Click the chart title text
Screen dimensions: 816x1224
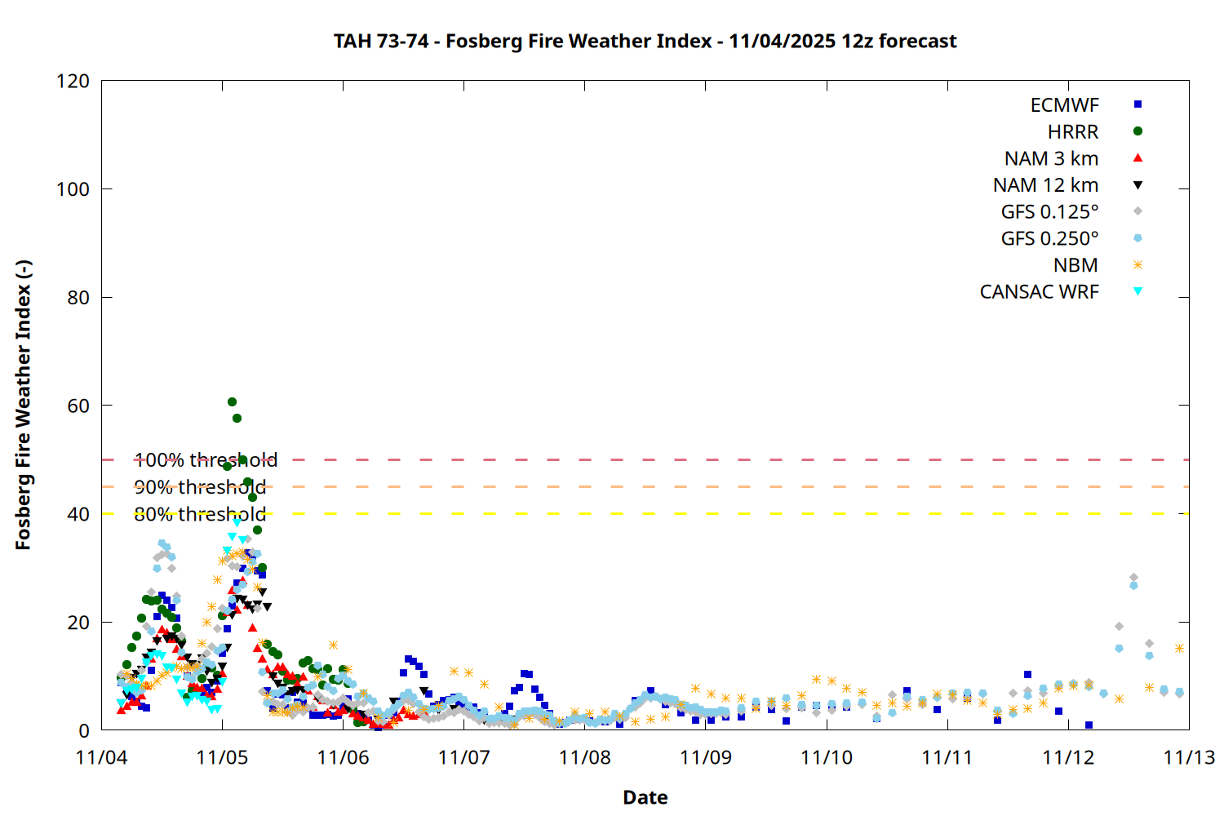click(645, 41)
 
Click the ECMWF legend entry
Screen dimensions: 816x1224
click(1064, 105)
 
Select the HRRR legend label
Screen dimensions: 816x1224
click(1073, 132)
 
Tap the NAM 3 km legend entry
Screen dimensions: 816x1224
click(1051, 158)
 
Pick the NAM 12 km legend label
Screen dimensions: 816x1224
click(1045, 185)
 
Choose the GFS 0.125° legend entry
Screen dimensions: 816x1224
click(1049, 212)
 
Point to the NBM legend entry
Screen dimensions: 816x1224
click(1075, 265)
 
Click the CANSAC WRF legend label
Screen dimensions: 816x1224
click(1039, 292)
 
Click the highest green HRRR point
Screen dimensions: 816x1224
click(232, 402)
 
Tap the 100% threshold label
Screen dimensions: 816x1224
click(206, 460)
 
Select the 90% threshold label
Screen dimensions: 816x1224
click(200, 487)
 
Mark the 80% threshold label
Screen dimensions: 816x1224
click(200, 514)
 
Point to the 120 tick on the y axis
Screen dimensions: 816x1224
click(73, 81)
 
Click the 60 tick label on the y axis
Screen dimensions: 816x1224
click(78, 406)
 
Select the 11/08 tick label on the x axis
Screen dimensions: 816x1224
click(584, 757)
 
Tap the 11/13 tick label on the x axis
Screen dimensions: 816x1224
click(1188, 757)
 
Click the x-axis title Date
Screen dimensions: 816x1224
click(645, 797)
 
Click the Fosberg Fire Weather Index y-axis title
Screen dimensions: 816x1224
click(23, 406)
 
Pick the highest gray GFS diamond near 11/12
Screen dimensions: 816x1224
click(1133, 578)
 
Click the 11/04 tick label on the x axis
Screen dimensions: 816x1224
click(101, 757)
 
